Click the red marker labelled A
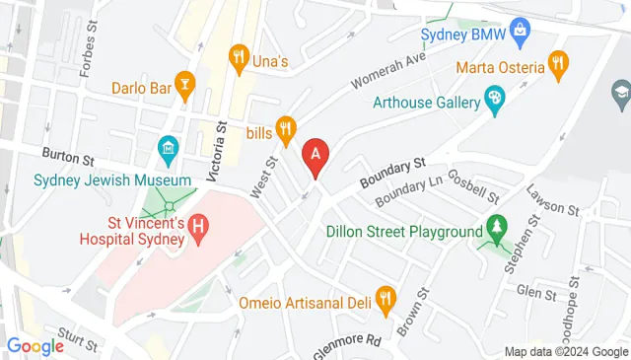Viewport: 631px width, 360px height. coord(315,156)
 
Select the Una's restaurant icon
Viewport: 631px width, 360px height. coord(238,56)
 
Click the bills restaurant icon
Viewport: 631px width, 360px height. coord(286,126)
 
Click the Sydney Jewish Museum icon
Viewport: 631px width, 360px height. coord(168,152)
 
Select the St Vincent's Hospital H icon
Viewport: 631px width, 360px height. coord(198,228)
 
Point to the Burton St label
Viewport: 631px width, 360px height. coord(67,155)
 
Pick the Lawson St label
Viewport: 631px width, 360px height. coord(552,199)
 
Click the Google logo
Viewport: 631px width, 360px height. coord(35,345)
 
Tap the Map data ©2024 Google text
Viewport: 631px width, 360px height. coord(566,352)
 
